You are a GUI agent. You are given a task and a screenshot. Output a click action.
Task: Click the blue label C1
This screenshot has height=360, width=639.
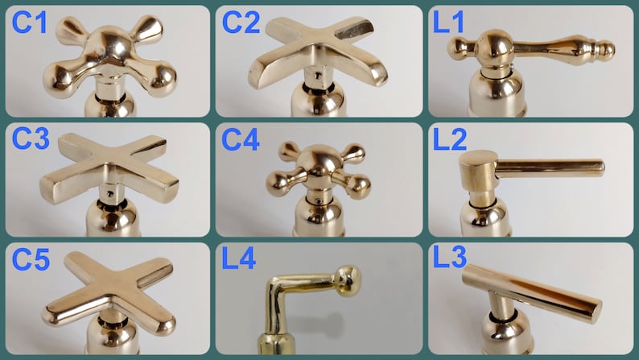pos(29,22)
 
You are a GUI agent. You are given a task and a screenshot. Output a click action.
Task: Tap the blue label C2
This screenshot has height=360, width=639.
pos(241,22)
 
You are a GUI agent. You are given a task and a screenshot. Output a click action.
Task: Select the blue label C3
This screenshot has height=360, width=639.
pos(31,139)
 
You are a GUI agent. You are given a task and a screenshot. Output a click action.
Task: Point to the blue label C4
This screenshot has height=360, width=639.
pos(241,140)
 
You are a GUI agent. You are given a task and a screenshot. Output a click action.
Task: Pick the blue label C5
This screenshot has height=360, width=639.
pos(31,259)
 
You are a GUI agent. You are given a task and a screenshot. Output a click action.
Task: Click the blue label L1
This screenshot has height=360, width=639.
pos(448,22)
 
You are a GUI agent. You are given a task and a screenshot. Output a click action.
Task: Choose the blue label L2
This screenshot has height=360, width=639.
pos(450,140)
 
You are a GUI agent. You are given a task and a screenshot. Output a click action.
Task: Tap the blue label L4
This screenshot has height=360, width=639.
pos(239,258)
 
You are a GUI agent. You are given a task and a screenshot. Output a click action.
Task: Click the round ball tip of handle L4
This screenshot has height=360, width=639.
pos(348,279)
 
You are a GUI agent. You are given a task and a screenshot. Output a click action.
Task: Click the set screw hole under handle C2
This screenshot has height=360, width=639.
pos(318,76)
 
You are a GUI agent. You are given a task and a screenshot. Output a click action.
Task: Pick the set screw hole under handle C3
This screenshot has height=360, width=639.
pos(109,193)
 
